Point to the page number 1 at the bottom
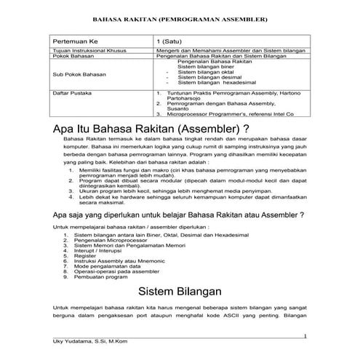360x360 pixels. (305, 335)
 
